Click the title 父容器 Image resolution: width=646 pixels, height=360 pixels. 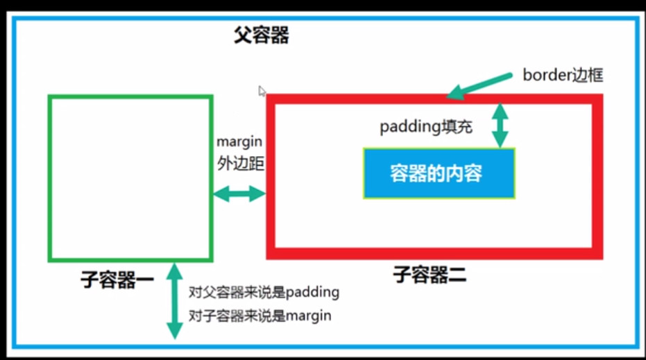(261, 35)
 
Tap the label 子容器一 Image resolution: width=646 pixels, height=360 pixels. (117, 280)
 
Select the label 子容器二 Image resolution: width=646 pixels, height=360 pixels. (430, 274)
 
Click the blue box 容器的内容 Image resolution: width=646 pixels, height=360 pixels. (439, 173)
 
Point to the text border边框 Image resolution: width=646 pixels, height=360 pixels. (563, 76)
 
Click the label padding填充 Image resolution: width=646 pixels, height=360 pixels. (426, 127)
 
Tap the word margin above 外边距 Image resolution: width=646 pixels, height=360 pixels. (239, 142)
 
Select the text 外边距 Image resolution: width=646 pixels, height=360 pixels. (241, 164)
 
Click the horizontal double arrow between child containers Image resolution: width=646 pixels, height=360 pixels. (239, 194)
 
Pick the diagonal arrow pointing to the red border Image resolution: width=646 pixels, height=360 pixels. (479, 86)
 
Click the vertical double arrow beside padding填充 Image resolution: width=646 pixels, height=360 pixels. (500, 126)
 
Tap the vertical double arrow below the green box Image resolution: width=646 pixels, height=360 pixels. (174, 301)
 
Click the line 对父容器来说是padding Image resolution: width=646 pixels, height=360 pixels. (264, 293)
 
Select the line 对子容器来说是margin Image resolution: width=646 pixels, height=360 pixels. (260, 316)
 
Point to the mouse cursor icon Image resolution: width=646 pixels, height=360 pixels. (262, 91)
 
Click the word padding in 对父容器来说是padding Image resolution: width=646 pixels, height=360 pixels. (313, 293)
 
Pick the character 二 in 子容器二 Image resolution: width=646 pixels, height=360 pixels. (457, 275)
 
